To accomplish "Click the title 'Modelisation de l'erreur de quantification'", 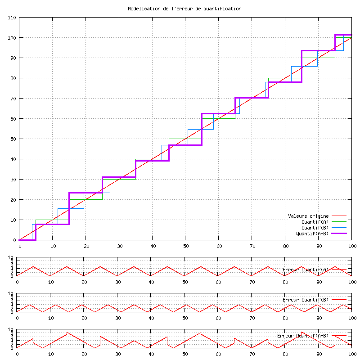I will (x=184, y=9).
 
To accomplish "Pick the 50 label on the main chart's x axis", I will (x=185, y=246).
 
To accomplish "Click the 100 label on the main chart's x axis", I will (x=352, y=246).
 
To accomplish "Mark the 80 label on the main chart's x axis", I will (x=285, y=246).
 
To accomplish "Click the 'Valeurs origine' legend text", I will (x=308, y=216).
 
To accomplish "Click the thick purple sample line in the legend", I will (x=342, y=234).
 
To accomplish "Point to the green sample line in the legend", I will (x=342, y=222).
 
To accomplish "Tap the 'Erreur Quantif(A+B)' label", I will (x=303, y=336).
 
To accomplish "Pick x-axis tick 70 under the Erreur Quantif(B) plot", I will (x=252, y=318).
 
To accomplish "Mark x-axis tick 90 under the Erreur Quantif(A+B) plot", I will (x=319, y=354).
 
